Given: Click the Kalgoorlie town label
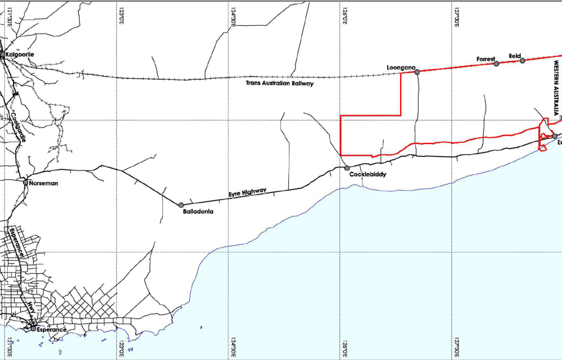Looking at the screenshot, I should pos(20,54).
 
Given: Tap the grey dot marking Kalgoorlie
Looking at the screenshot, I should pos(2,55).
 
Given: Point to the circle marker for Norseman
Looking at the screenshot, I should pos(25,182).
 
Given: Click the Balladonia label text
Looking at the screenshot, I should pos(198,212).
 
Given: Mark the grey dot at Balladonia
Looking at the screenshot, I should pos(181,205).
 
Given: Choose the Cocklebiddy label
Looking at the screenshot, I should pos(368,174).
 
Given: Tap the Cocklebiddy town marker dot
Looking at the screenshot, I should pos(347,168).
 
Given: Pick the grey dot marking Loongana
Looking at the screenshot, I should pos(417,71).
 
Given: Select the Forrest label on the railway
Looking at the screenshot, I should pos(485,58).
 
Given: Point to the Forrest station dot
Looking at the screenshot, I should pos(496,64).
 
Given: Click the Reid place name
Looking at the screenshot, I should pos(515,56).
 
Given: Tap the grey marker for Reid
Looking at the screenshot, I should pos(522,60).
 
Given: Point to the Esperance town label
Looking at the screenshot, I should pos(51,329).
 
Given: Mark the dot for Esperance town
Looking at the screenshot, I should pos(33,328).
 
